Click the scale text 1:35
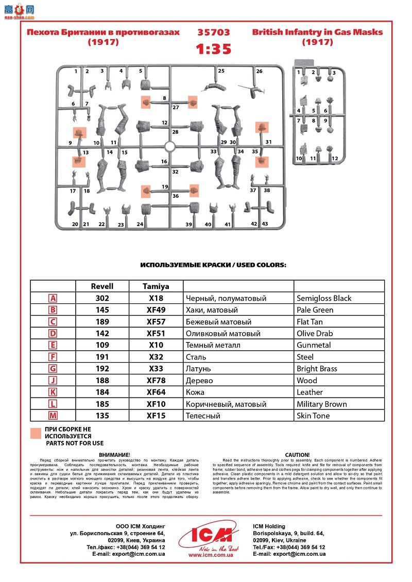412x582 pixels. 213,49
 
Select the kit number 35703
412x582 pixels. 213,32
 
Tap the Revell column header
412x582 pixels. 102,286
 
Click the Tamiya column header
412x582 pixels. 156,286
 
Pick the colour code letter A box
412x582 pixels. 53,298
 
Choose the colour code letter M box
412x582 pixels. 53,416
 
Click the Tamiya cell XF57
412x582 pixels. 156,322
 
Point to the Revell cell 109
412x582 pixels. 102,345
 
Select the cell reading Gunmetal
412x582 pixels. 314,345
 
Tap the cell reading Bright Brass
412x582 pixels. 317,369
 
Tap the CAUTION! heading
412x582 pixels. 297,455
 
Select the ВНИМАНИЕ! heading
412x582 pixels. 114,455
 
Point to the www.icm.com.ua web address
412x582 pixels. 211,555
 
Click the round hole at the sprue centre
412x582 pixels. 170,147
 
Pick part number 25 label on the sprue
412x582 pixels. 221,71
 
